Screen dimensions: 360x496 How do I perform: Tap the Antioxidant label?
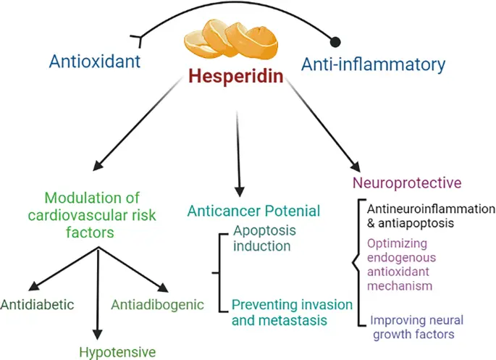click(95, 62)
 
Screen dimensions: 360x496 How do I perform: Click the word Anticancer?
click(220, 212)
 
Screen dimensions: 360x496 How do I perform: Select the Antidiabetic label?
click(38, 304)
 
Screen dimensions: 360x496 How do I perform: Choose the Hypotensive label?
click(117, 352)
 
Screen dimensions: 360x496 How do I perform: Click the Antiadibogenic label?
click(157, 304)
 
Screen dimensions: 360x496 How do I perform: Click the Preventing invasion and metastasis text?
click(293, 311)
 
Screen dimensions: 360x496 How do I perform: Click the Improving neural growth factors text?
click(416, 327)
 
